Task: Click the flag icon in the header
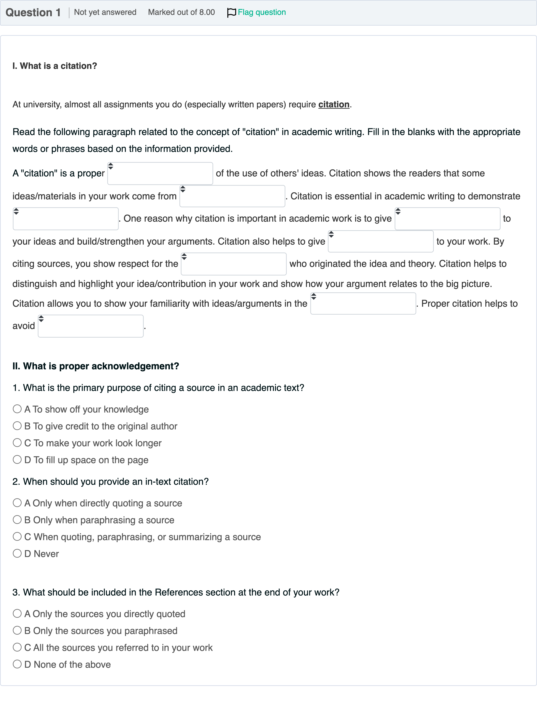pos(232,13)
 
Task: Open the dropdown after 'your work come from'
pos(232,196)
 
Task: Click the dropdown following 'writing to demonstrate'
pos(66,219)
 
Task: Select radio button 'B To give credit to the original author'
pos(17,426)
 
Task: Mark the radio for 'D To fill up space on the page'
pos(17,460)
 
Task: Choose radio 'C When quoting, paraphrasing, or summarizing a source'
pos(17,537)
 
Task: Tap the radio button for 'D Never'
pos(17,553)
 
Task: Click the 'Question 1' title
pos(33,13)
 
